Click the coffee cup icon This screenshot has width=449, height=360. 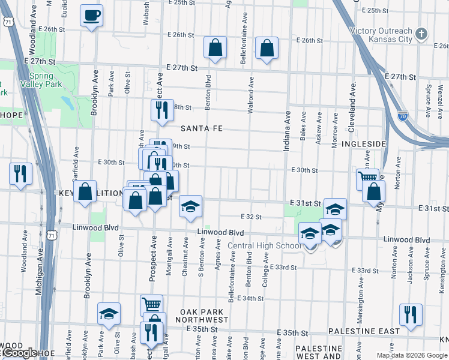click(x=92, y=16)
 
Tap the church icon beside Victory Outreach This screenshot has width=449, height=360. click(x=422, y=34)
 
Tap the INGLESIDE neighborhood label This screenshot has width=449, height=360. click(x=363, y=145)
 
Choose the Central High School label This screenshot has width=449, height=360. click(x=264, y=245)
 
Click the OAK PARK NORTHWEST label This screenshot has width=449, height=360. click(x=203, y=316)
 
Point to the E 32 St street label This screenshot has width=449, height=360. click(x=252, y=217)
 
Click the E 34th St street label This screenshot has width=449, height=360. click(x=251, y=298)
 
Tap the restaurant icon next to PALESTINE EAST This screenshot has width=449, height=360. click(x=411, y=314)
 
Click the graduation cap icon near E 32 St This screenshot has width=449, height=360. click(x=191, y=208)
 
